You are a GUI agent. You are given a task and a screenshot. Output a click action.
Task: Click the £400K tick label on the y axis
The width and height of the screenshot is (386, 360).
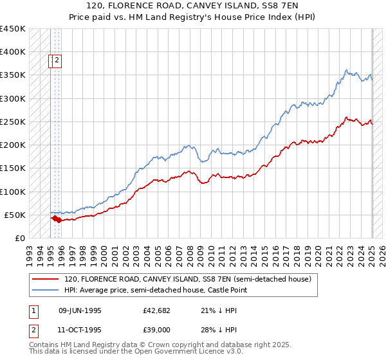pos(13,51)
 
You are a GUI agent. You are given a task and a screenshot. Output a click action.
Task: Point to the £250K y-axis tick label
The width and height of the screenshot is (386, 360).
pos(13,122)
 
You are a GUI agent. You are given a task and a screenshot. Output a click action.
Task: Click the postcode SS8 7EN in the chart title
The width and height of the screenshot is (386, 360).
pos(278,5)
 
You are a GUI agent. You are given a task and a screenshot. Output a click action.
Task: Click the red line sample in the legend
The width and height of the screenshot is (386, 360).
pos(46,279)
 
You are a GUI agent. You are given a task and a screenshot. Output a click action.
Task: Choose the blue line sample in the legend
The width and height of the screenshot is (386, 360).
pos(46,291)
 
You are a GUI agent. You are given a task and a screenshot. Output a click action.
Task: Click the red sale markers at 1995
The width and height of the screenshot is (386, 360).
pos(56,219)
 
